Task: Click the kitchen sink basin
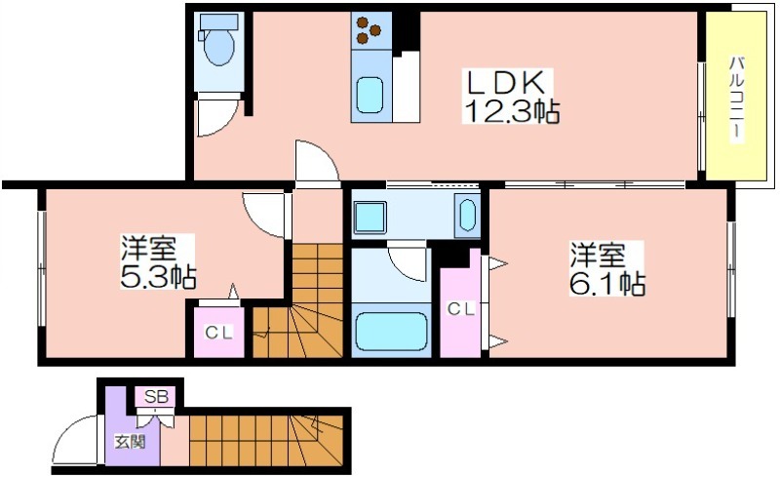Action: [x=370, y=96]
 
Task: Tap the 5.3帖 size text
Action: [x=157, y=277]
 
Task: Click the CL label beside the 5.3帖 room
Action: [x=219, y=333]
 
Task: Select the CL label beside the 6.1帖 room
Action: [x=461, y=309]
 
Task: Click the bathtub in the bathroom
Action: [x=391, y=332]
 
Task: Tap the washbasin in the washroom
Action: [x=467, y=214]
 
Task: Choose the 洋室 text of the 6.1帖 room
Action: [x=598, y=256]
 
